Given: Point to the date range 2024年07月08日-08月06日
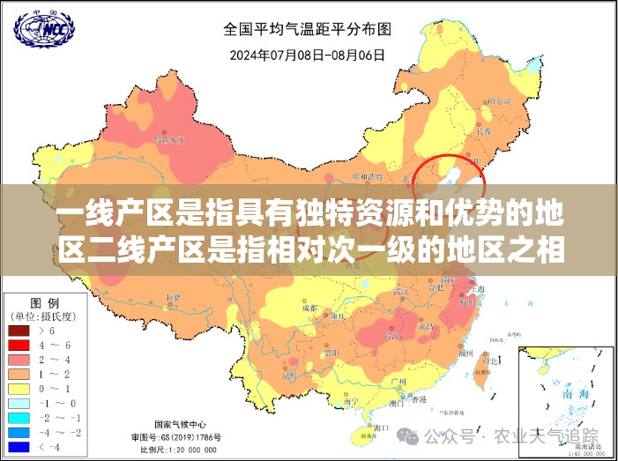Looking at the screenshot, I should coord(308,55).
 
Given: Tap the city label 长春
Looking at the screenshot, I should coord(483,130).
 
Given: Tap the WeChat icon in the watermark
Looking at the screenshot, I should coord(409,435).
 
